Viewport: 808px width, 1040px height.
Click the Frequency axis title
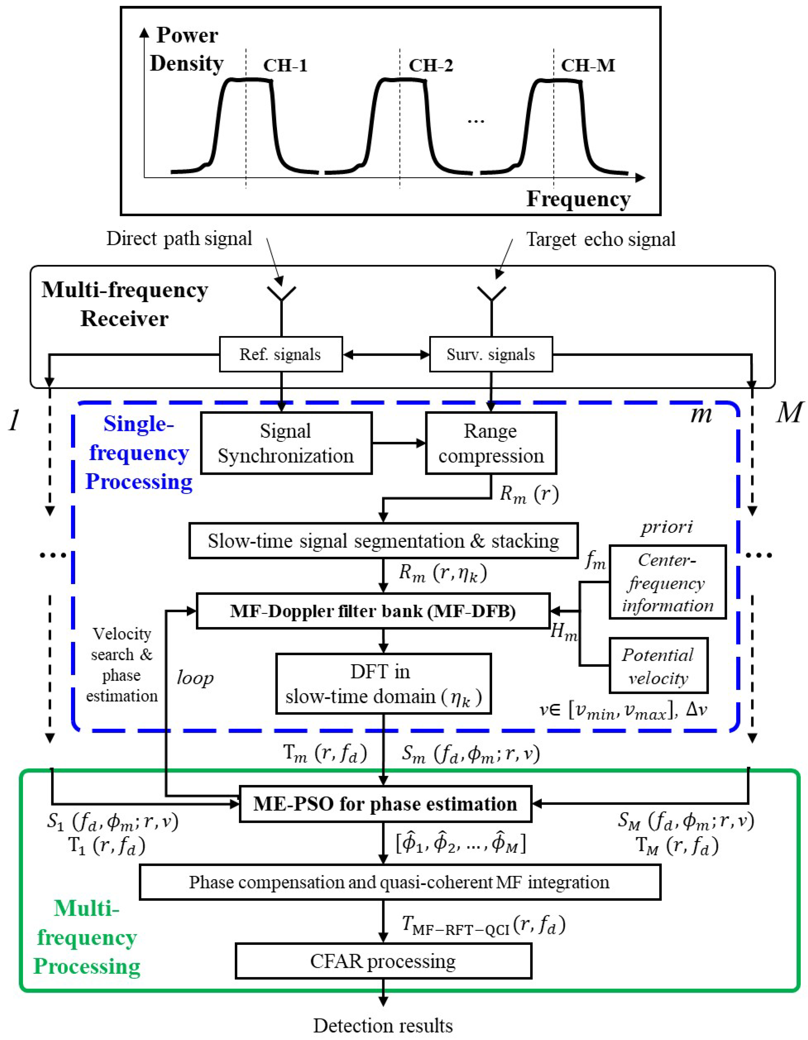[578, 199]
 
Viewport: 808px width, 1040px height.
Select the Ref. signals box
[281, 354]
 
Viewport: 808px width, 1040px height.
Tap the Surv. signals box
[491, 354]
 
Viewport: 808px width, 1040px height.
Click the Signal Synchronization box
[286, 443]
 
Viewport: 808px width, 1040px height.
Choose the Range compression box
[491, 443]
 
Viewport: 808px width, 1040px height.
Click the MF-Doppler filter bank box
[373, 611]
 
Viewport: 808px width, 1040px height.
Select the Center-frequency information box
[667, 582]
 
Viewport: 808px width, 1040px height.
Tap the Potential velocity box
[658, 666]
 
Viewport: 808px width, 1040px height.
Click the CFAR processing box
[383, 961]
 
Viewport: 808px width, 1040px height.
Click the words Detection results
[383, 1025]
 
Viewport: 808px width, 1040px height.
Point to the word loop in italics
[195, 677]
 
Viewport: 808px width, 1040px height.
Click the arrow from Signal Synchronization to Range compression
[398, 443]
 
